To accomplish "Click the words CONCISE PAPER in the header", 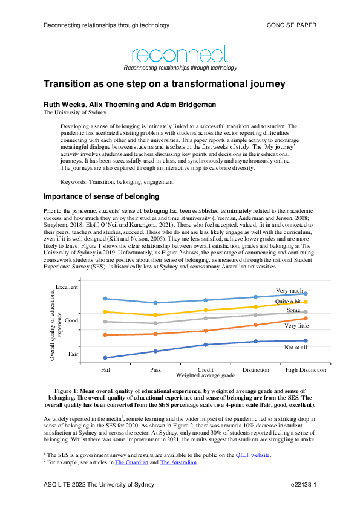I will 292,25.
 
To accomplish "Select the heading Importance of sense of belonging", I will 100,196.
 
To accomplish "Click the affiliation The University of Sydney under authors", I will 74,112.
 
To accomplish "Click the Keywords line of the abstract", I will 118,181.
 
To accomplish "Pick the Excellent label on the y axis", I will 67,287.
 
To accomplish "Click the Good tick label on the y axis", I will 71,320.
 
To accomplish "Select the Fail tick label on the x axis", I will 105,369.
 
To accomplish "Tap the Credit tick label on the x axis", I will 206,369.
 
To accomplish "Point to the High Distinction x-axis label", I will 306,369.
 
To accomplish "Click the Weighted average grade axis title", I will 205,375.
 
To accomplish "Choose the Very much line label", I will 289,291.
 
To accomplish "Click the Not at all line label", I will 296,347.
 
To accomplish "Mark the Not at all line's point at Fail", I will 105,358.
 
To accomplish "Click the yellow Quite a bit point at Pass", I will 155,315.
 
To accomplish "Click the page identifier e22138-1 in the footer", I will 303,485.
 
